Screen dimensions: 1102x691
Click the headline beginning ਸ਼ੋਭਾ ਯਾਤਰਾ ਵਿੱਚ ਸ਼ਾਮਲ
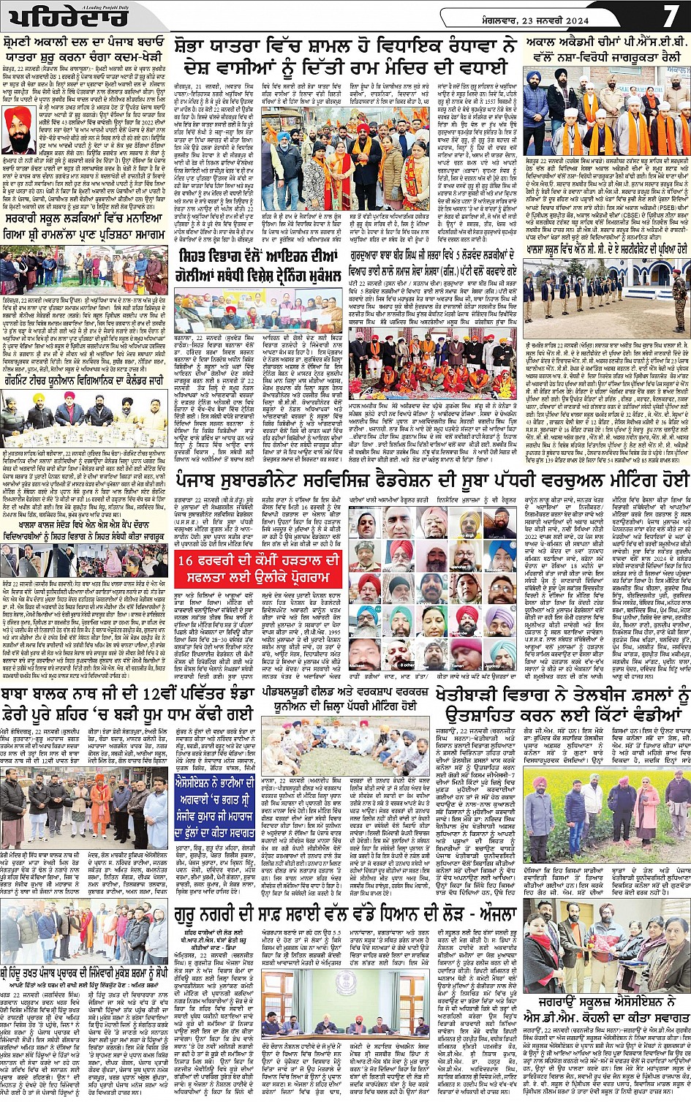tap(341, 56)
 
